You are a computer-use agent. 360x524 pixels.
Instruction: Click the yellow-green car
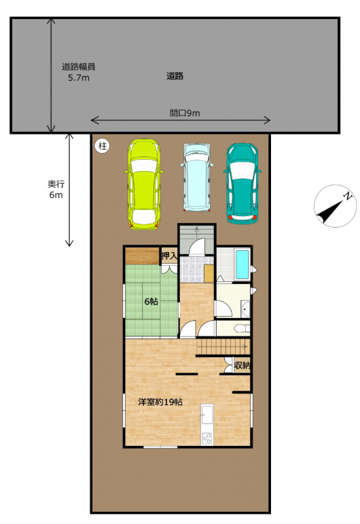pyautogui.click(x=144, y=184)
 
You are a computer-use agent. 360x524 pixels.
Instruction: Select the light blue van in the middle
pyautogui.click(x=197, y=177)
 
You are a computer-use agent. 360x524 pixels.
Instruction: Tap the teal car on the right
pyautogui.click(x=242, y=183)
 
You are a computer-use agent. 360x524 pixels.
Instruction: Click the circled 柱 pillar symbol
pyautogui.click(x=103, y=146)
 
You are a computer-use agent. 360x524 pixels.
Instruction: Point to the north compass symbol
pyautogui.click(x=335, y=206)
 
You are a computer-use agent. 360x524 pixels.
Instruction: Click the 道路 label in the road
pyautogui.click(x=175, y=76)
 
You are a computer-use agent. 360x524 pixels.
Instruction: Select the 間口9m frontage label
pyautogui.click(x=185, y=113)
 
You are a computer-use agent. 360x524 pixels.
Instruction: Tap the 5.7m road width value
pyautogui.click(x=79, y=78)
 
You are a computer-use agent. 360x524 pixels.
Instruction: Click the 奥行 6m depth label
pyautogui.click(x=56, y=189)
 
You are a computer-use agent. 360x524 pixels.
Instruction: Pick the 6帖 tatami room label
pyautogui.click(x=151, y=302)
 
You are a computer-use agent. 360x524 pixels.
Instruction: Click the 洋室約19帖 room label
pyautogui.click(x=160, y=402)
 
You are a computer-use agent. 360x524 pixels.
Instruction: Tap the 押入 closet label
pyautogui.click(x=169, y=256)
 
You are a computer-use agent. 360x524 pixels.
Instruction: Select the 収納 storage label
pyautogui.click(x=242, y=365)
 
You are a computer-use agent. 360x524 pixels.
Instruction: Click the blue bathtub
pyautogui.click(x=242, y=264)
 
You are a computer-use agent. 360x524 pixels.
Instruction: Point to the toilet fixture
pyautogui.click(x=242, y=329)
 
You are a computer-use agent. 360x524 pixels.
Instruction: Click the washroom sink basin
pyautogui.click(x=245, y=309)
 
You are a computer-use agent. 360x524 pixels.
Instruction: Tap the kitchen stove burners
pyautogui.click(x=206, y=438)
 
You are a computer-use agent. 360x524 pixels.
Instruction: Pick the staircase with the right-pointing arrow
pyautogui.click(x=223, y=347)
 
